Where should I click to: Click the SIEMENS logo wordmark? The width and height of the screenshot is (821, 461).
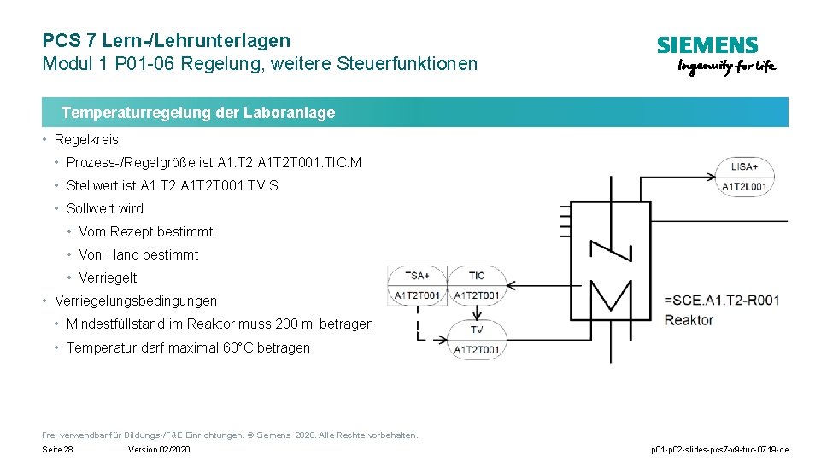click(x=707, y=45)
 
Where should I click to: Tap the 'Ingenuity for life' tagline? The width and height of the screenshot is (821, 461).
click(x=726, y=67)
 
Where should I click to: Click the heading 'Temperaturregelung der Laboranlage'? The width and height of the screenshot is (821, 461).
click(x=198, y=113)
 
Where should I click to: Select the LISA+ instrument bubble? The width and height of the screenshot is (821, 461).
click(x=744, y=167)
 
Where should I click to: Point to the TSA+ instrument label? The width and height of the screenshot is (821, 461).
click(x=417, y=275)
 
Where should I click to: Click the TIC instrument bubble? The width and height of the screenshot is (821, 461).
click(x=476, y=275)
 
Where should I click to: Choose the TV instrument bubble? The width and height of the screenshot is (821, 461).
click(x=476, y=330)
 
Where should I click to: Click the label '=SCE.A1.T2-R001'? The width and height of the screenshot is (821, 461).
click(x=721, y=300)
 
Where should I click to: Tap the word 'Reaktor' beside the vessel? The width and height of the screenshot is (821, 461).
click(x=689, y=320)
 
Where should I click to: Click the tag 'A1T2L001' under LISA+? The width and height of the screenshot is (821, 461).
click(x=744, y=186)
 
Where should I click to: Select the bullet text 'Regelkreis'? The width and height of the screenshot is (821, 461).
click(x=86, y=140)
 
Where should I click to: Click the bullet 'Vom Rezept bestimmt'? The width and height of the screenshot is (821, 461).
click(x=146, y=232)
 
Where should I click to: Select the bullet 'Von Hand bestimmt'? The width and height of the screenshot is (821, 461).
click(x=138, y=255)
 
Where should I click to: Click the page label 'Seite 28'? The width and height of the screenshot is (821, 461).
click(x=57, y=450)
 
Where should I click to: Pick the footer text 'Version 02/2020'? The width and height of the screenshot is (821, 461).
click(x=159, y=450)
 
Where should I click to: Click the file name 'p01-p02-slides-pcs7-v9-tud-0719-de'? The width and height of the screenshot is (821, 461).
click(x=719, y=450)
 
